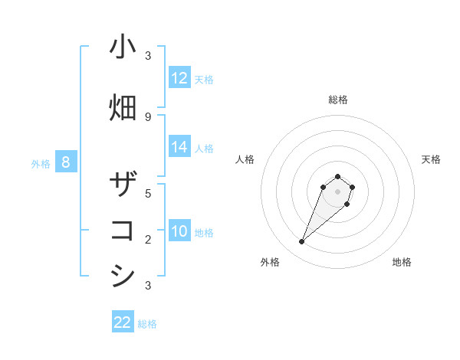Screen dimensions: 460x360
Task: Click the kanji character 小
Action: (x=123, y=47)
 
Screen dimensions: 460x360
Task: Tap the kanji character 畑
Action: (x=123, y=107)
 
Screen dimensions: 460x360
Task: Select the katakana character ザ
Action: (x=123, y=185)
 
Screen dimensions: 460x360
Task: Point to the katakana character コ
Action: (x=123, y=231)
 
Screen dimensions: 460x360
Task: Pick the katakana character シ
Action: (x=123, y=277)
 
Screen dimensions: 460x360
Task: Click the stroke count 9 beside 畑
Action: (x=148, y=116)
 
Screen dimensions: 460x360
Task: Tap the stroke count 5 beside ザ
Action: (x=148, y=194)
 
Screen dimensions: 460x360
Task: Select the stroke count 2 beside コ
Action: (x=148, y=240)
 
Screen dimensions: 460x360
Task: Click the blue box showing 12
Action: (x=179, y=78)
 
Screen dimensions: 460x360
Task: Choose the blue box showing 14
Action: (x=179, y=147)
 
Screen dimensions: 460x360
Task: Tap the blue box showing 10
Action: (x=179, y=231)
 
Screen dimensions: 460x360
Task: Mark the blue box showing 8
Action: (x=66, y=162)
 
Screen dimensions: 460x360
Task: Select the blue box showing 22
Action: (x=123, y=322)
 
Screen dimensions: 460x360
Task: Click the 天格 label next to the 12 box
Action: (x=204, y=79)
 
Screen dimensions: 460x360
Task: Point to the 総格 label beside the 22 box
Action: (x=147, y=324)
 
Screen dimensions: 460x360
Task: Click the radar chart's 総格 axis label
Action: (x=337, y=100)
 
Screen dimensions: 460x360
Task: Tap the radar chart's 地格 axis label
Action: (x=402, y=262)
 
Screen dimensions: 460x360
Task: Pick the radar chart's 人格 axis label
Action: (x=245, y=159)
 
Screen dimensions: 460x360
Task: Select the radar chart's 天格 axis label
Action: (x=431, y=159)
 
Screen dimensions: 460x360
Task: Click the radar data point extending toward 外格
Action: (x=302, y=242)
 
